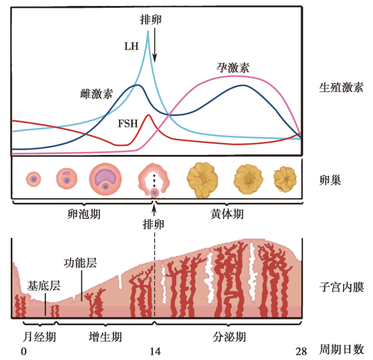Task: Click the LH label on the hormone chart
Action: pyautogui.click(x=133, y=46)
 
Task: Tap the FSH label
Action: pyautogui.click(x=127, y=124)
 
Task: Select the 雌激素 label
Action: pyautogui.click(x=96, y=94)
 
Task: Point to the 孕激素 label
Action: pyautogui.click(x=233, y=67)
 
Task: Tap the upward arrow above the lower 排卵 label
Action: pyautogui.click(x=154, y=210)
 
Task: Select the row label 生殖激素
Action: pyautogui.click(x=341, y=87)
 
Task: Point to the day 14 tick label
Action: pyautogui.click(x=155, y=351)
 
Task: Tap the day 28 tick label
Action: pyautogui.click(x=301, y=351)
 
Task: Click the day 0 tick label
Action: pyautogui.click(x=24, y=351)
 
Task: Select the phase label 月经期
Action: pyautogui.click(x=39, y=337)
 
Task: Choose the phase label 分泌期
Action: pyautogui.click(x=229, y=337)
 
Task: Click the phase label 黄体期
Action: pyautogui.click(x=227, y=213)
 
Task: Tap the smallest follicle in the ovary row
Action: pyautogui.click(x=33, y=178)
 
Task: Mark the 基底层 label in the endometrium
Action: pyautogui.click(x=44, y=286)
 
